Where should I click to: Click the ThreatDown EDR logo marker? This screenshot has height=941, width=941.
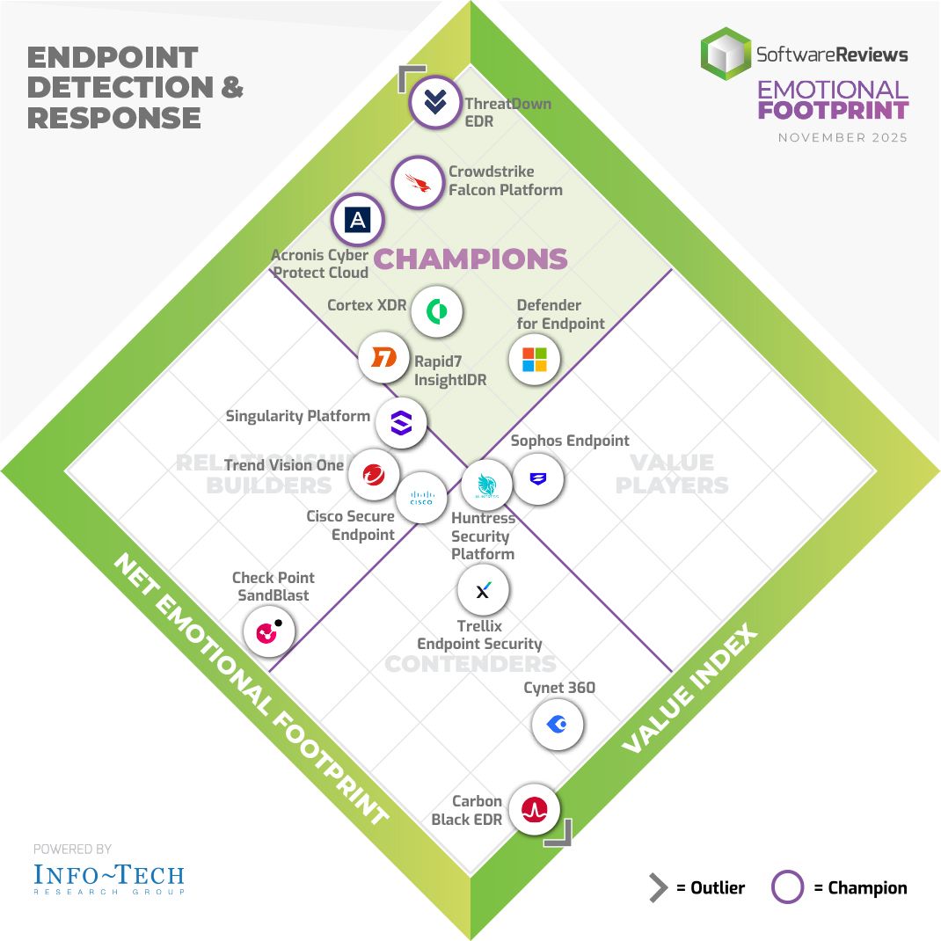pos(435,103)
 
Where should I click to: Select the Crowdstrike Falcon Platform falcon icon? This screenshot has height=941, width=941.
pos(417,182)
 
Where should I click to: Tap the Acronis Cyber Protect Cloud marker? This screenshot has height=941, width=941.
pos(357,220)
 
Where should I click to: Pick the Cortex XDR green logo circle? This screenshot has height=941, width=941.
pos(436,311)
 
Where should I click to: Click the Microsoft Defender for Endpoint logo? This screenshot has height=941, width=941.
pos(535,359)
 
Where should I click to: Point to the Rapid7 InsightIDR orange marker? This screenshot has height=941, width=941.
pos(384,358)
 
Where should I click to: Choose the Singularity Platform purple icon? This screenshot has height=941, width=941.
pos(401,423)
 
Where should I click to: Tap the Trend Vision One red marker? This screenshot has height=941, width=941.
pos(374,475)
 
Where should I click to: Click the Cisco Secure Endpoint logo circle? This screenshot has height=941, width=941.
pos(421,498)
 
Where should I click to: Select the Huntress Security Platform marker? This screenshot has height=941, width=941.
pos(486,485)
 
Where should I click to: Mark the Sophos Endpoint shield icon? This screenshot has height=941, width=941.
pos(537,479)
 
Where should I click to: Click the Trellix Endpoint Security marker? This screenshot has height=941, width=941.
pos(483,590)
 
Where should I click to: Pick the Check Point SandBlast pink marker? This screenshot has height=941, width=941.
pos(269,631)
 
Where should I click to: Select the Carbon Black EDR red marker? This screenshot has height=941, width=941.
pos(534,809)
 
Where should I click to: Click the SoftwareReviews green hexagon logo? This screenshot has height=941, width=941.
pos(726,55)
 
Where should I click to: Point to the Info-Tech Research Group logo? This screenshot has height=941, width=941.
pos(109,878)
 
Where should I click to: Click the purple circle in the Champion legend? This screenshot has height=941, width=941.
pos(787,887)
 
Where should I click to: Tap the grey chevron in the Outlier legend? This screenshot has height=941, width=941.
pos(658,887)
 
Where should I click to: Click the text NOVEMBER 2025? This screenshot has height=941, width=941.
pos(843,138)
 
